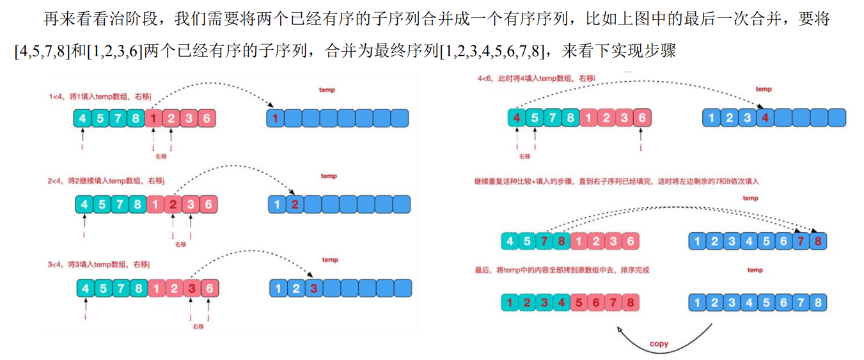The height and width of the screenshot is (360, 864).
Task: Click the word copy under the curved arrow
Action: coord(659,344)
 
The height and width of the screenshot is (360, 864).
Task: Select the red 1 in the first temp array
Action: coord(275,118)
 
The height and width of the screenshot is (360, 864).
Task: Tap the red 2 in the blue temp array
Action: coord(294,205)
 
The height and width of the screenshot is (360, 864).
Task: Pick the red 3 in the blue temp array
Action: coord(313,288)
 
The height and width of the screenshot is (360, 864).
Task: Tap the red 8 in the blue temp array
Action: coord(819,241)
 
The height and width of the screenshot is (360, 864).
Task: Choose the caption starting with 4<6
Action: coord(537,78)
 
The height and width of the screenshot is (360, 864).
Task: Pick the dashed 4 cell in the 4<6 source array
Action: coord(516,118)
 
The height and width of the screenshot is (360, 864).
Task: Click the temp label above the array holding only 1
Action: coord(327,90)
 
